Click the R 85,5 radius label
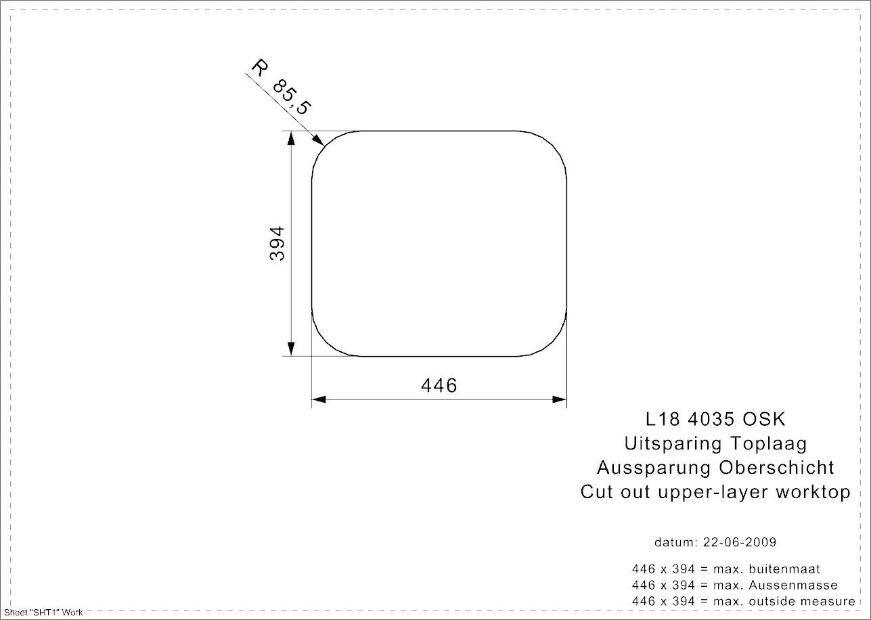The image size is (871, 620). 281,87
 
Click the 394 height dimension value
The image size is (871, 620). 277,244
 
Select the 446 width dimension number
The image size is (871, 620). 439,385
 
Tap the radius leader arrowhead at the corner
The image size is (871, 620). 319,140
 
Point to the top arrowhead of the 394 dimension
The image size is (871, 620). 291,138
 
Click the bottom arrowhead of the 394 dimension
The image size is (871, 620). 291,349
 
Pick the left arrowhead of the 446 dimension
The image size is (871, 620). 319,399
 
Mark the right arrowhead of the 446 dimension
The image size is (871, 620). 560,399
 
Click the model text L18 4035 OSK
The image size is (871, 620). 715,419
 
